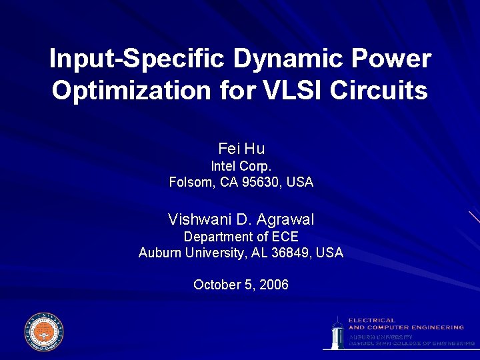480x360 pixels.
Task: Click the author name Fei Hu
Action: [x=241, y=148]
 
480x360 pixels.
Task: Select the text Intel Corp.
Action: [x=241, y=166]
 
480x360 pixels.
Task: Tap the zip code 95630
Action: [x=264, y=182]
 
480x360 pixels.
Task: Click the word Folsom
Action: [x=191, y=182]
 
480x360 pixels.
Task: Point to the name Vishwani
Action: [x=198, y=219]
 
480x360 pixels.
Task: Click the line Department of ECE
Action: [x=241, y=237]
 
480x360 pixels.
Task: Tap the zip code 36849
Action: [x=291, y=253]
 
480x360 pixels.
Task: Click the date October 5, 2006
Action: [x=241, y=285]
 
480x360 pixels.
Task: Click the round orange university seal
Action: [x=44, y=331]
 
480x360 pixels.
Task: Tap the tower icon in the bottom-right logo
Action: [x=338, y=332]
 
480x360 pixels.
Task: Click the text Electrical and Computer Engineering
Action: [x=405, y=324]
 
